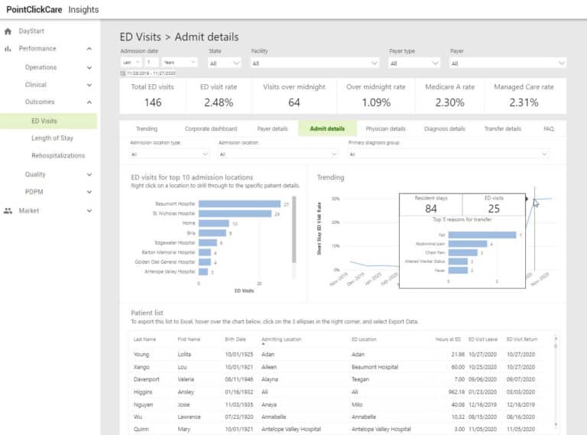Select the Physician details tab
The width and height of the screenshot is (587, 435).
coord(385,128)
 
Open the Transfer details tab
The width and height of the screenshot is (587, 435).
coord(502,128)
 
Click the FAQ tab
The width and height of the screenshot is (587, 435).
coord(548,128)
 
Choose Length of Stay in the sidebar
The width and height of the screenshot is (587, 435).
coord(52,138)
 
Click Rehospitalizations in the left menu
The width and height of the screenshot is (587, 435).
coord(58,156)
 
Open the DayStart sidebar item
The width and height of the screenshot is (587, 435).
coord(31,31)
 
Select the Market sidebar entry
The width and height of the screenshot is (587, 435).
coord(28,210)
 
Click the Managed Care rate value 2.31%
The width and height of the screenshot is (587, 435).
coord(524,102)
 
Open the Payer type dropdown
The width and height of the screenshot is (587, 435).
coord(414,63)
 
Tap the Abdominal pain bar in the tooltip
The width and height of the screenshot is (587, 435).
coord(468,244)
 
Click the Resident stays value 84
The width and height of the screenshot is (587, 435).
coord(431,209)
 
